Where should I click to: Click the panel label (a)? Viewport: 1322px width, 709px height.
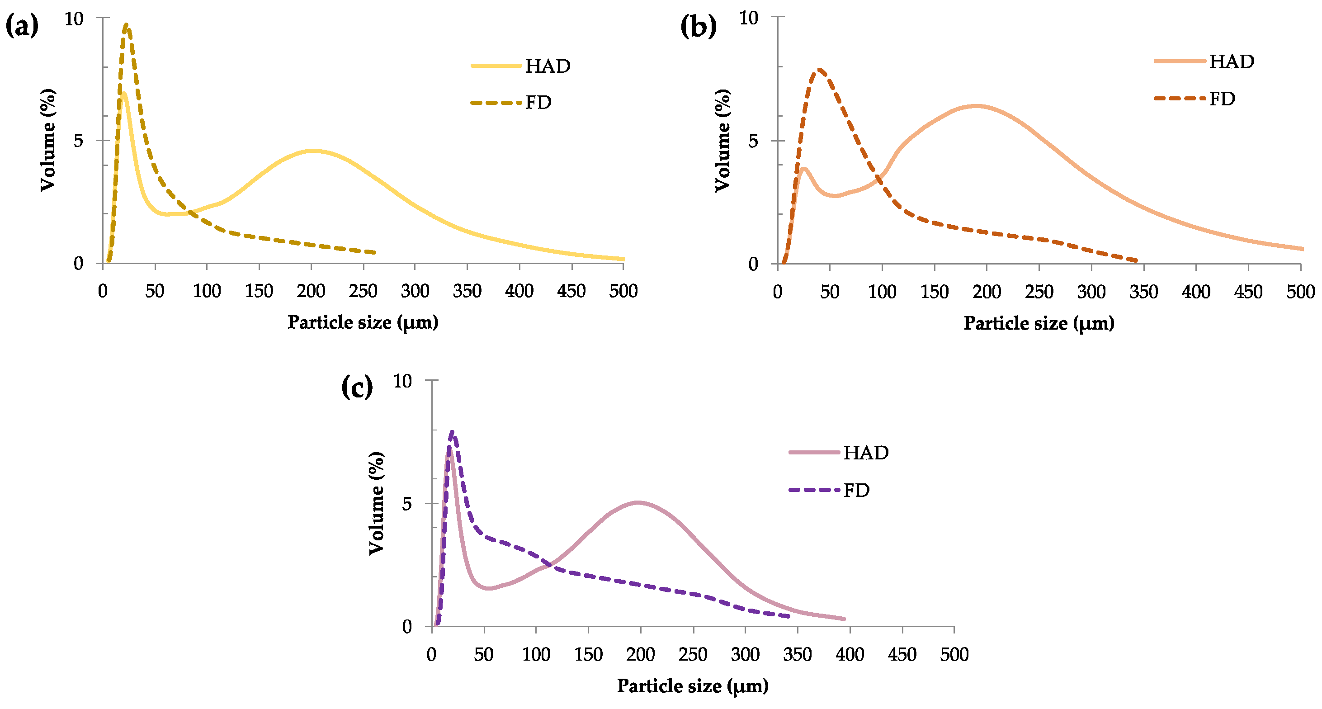(x=22, y=26)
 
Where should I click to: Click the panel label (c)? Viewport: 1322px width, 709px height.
(x=357, y=387)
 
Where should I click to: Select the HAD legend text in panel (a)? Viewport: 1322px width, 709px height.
(x=548, y=66)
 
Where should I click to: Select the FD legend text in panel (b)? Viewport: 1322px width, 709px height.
(x=1222, y=99)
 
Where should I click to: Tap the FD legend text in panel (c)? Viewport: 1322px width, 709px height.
(x=856, y=490)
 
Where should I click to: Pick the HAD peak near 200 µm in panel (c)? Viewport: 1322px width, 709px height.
(x=638, y=502)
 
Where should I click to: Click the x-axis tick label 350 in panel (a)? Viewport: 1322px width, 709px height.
(x=467, y=291)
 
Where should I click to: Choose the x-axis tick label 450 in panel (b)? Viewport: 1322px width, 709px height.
(x=1248, y=292)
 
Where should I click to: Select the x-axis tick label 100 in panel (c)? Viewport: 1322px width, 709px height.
(x=536, y=655)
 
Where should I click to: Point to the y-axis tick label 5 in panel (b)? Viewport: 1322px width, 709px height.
(x=753, y=141)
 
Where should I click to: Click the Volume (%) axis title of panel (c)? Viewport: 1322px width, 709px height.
(x=377, y=503)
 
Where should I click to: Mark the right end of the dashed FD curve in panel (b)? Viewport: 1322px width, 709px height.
(x=1137, y=260)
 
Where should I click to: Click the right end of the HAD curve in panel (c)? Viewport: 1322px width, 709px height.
(x=844, y=619)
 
